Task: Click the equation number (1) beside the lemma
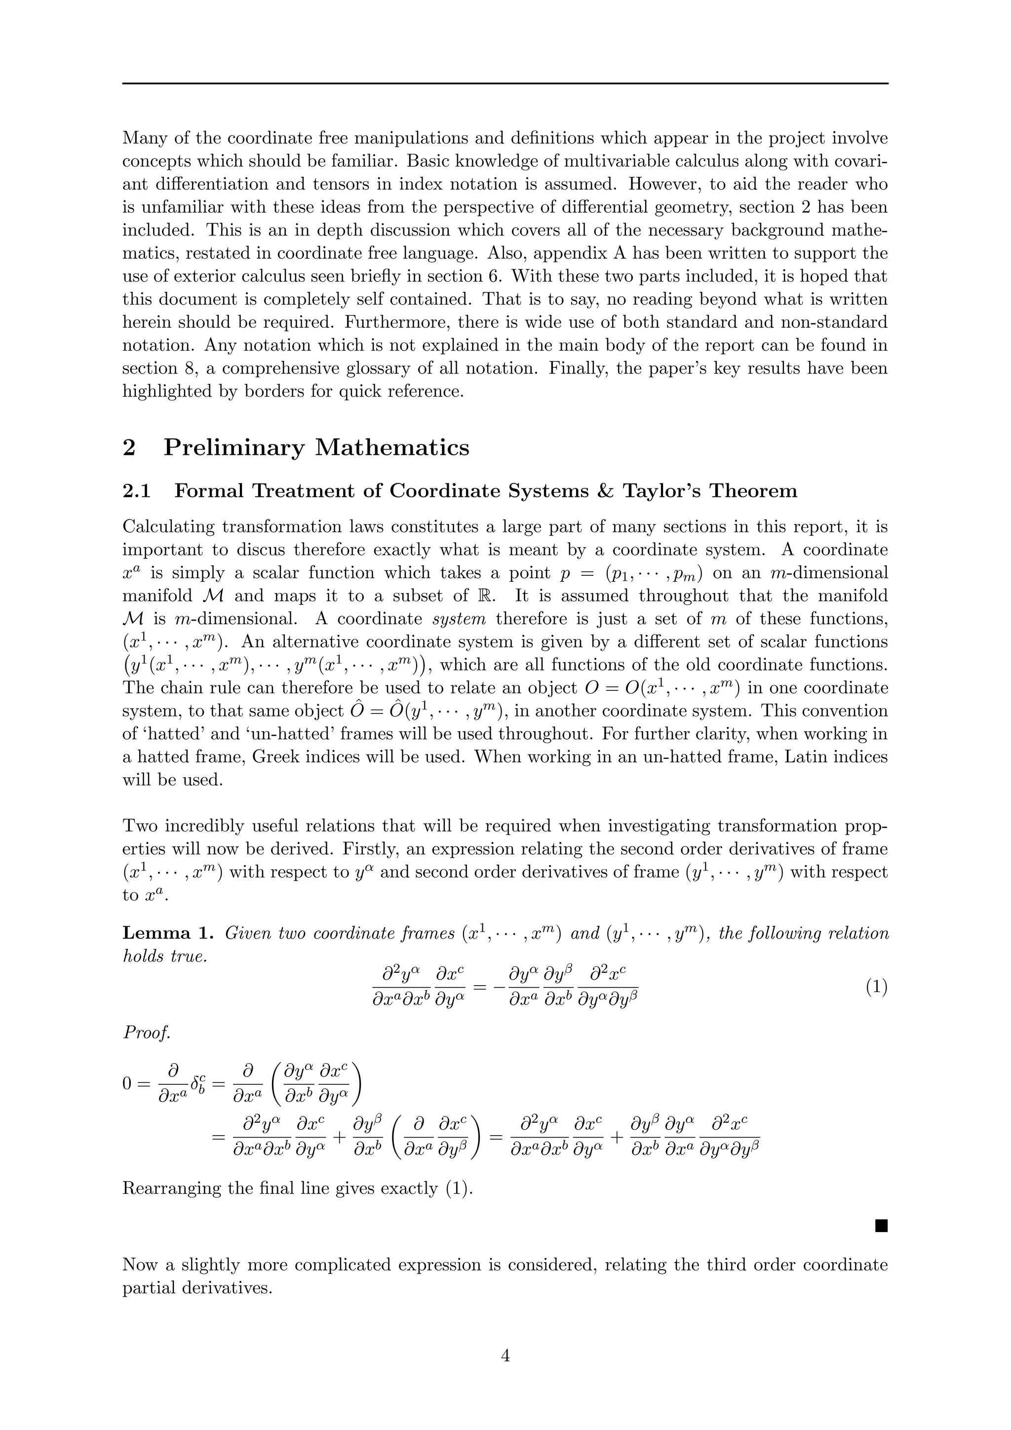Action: click(x=876, y=987)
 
